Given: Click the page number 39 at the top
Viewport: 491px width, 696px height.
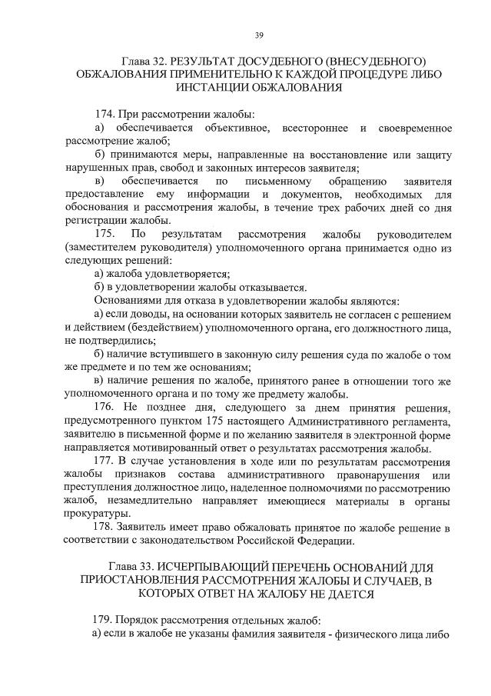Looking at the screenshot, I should pos(259,34).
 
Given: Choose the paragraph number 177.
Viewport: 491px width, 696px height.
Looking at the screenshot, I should pos(104,461).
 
